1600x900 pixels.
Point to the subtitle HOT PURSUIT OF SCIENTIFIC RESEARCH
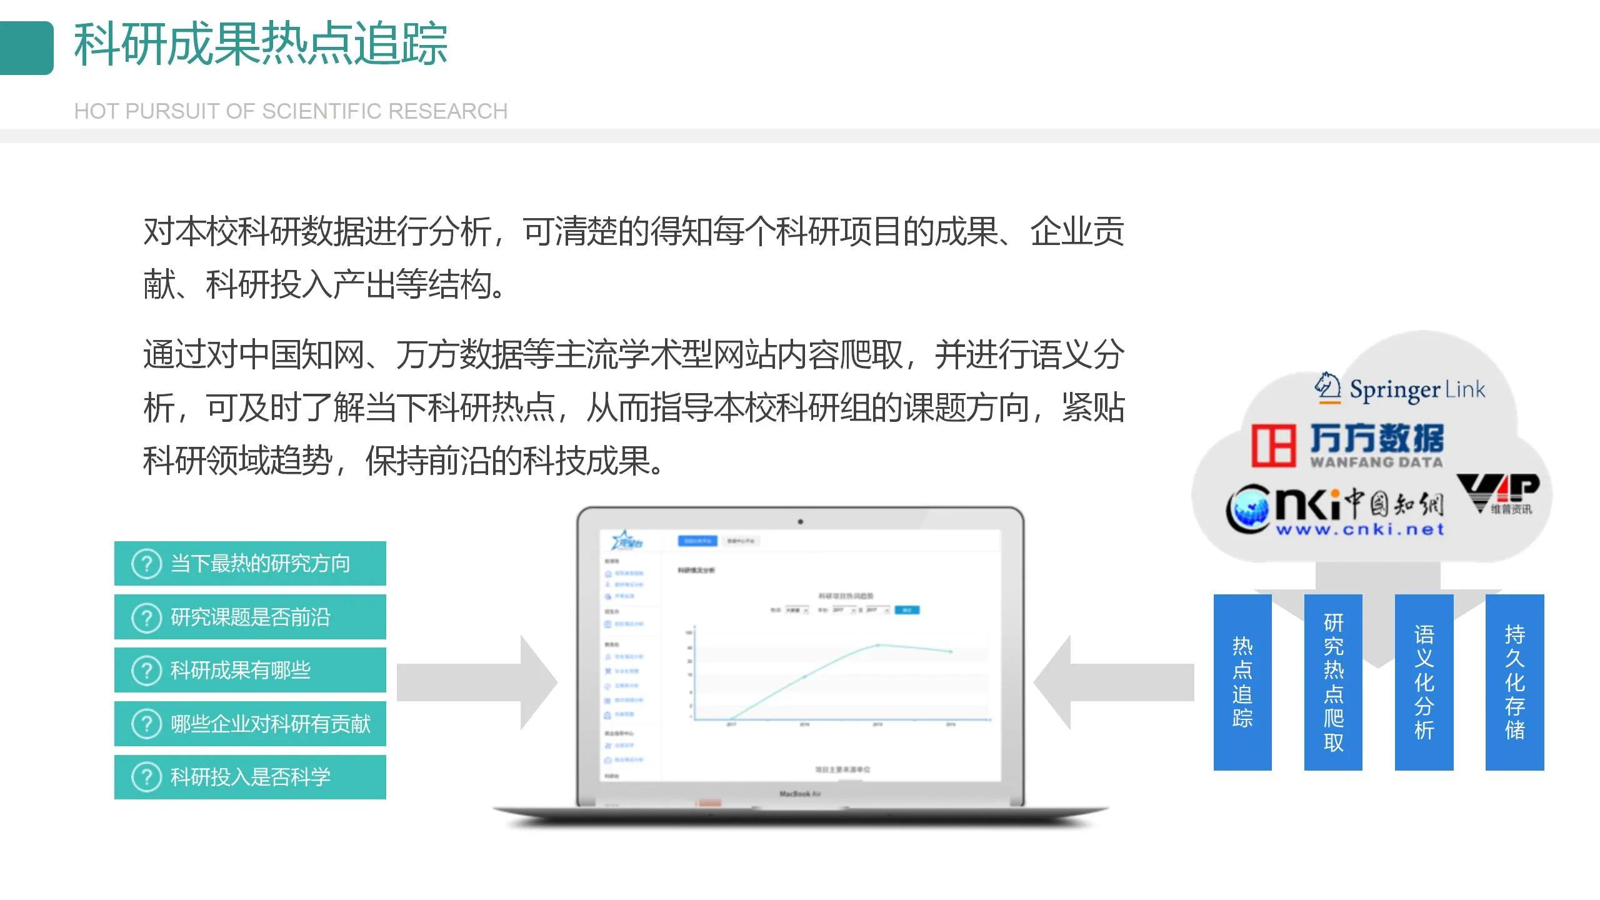pyautogui.click(x=291, y=111)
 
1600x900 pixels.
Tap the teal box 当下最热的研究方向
pyautogui.click(x=250, y=563)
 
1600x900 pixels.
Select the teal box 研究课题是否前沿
pyautogui.click(x=250, y=617)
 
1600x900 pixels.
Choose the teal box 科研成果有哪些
pyautogui.click(x=250, y=670)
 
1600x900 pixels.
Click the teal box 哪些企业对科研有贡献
pyautogui.click(x=250, y=724)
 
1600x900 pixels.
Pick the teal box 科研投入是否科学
pyautogui.click(x=250, y=777)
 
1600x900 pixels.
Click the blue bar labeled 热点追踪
pyautogui.click(x=1242, y=682)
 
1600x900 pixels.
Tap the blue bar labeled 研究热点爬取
pyautogui.click(x=1333, y=682)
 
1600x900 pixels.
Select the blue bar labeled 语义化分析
pyautogui.click(x=1424, y=682)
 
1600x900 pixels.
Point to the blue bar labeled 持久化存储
pyautogui.click(x=1514, y=682)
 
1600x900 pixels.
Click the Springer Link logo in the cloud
pyautogui.click(x=1400, y=389)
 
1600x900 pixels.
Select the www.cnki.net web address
pyautogui.click(x=1360, y=530)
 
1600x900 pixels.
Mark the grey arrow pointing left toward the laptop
pyautogui.click(x=1113, y=682)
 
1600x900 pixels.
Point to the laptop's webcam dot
pyautogui.click(x=801, y=522)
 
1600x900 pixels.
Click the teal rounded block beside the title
pyautogui.click(x=27, y=48)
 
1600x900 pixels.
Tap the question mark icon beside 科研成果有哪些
pyautogui.click(x=147, y=671)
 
